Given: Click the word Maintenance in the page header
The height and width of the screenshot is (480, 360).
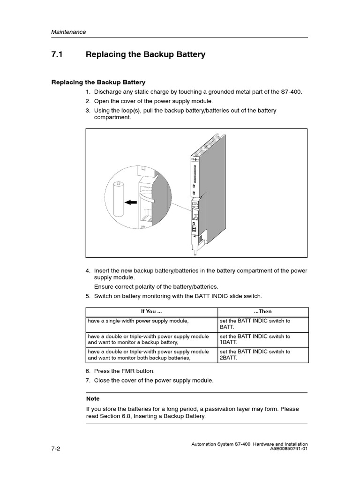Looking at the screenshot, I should click(x=68, y=32).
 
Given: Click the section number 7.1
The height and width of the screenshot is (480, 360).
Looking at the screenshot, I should click(x=57, y=55).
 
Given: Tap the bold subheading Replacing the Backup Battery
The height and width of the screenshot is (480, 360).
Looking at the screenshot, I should click(x=98, y=82).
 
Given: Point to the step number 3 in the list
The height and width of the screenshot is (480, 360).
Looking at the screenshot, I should click(x=88, y=111).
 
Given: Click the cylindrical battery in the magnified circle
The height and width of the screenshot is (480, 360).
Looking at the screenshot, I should click(x=119, y=199).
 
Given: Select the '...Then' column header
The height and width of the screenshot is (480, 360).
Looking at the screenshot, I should click(x=262, y=311).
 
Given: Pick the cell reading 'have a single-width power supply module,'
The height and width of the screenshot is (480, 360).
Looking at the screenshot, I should click(x=138, y=321).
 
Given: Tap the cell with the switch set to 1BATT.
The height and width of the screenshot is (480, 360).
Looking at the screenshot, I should click(x=255, y=339).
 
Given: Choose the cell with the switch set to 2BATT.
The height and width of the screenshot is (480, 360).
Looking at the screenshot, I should click(x=255, y=354).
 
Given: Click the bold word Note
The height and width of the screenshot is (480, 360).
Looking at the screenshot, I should click(x=93, y=398).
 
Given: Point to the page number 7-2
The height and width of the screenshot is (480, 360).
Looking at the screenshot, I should click(x=56, y=448).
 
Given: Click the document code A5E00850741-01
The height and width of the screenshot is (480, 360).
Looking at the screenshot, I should click(x=289, y=449).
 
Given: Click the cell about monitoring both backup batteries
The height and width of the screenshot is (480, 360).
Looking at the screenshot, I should click(x=148, y=354).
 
